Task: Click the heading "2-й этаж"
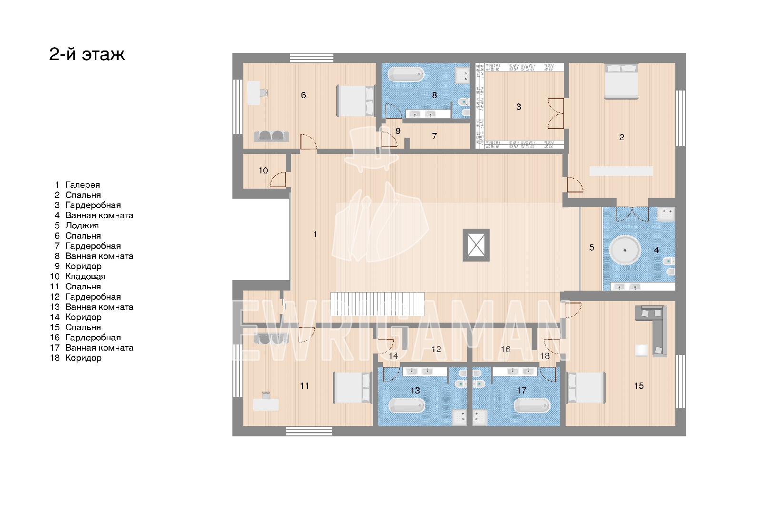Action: coord(87,54)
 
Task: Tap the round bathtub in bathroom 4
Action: coord(624,250)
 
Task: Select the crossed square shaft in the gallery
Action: coord(476,245)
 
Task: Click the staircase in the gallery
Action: coord(377,304)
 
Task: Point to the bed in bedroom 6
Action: coord(355,101)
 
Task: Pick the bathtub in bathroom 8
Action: coord(406,74)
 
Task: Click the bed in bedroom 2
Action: coord(621,81)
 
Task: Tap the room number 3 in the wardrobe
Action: coord(519,107)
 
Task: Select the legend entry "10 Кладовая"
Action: coord(78,276)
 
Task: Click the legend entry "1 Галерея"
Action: coord(78,185)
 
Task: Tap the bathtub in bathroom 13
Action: coord(407,405)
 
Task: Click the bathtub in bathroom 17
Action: coord(532,405)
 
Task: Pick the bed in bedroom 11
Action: coord(352,388)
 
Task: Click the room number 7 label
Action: coord(434,136)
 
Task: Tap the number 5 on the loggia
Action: coord(592,247)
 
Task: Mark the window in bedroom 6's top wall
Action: coord(311,58)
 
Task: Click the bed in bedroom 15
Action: coord(585,388)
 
